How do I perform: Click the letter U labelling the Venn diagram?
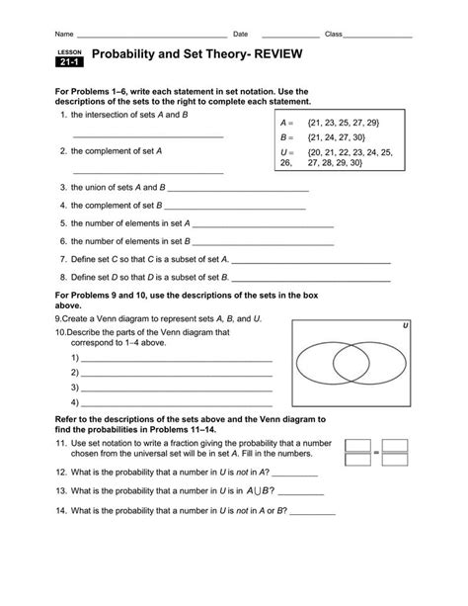(x=406, y=324)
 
